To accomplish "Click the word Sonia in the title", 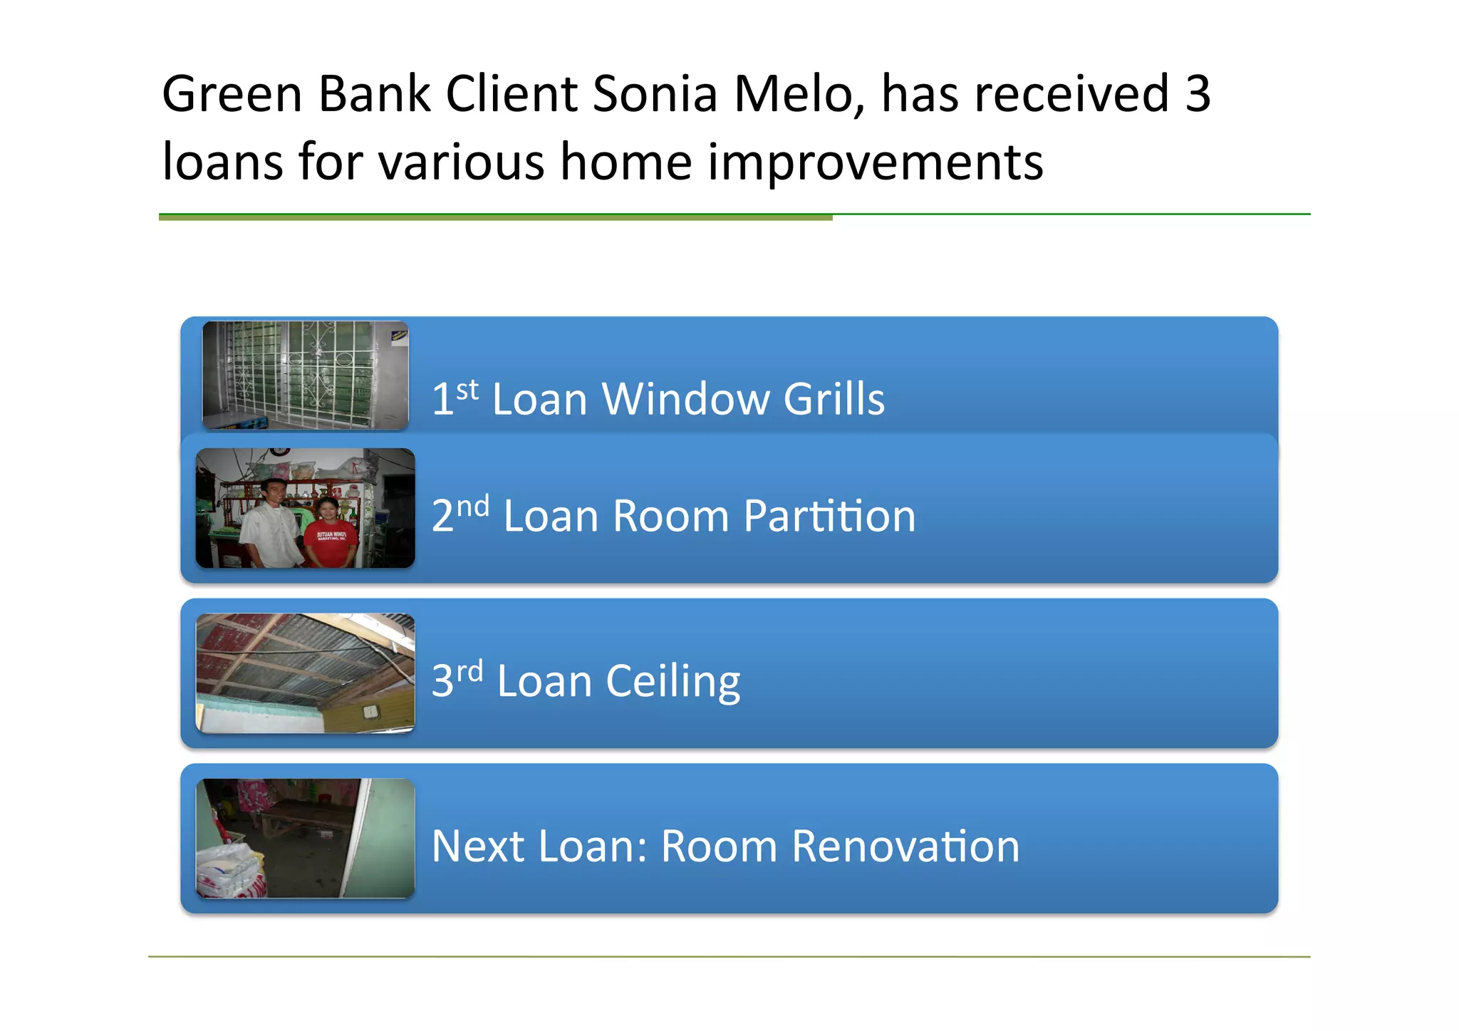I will coord(653,94).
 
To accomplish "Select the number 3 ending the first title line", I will coord(1197,94).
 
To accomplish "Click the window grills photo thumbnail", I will coord(305,375).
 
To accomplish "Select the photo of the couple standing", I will coord(305,508).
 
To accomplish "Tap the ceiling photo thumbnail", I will coord(305,673).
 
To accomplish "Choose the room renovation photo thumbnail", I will coord(305,838).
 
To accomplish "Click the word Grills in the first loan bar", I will coord(834,398).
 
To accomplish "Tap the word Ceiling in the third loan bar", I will coord(673,681).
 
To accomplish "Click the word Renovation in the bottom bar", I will coord(905,846).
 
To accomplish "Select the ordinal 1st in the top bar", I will coord(455,397).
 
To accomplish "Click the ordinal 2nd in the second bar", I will coord(460,514).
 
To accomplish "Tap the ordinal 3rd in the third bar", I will coord(457,679).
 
